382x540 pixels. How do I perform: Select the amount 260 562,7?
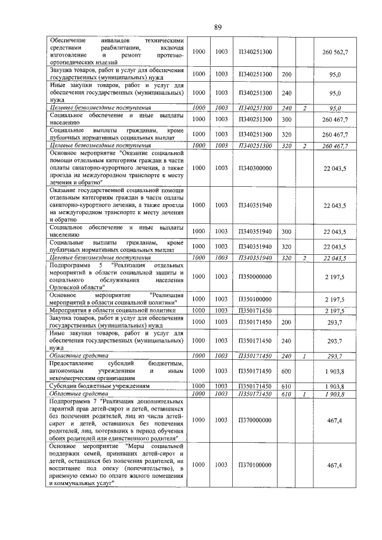click(x=335, y=52)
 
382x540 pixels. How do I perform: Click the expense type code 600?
click(x=286, y=370)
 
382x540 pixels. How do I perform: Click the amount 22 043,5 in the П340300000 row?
click(x=335, y=169)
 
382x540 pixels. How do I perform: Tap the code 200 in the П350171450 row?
click(x=286, y=322)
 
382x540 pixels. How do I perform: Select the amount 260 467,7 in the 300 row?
click(x=335, y=119)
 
